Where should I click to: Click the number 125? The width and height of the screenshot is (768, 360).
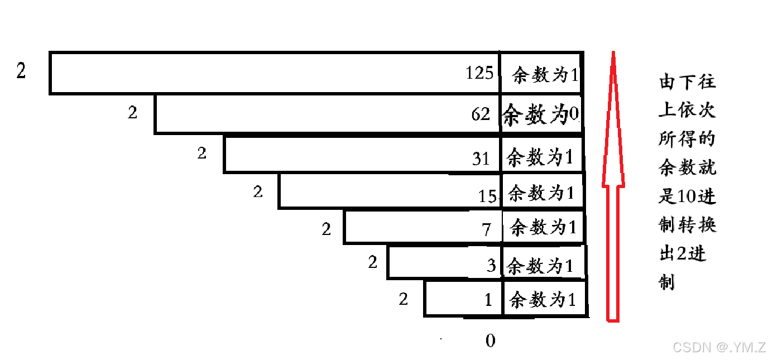click(x=480, y=73)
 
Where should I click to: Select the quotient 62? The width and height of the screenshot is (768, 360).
click(x=481, y=114)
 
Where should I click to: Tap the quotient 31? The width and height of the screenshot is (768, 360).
click(x=481, y=159)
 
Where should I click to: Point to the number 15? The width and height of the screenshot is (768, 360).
click(x=487, y=196)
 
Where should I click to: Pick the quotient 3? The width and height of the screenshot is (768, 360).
click(x=491, y=266)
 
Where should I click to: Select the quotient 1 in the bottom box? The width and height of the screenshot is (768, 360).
click(x=488, y=300)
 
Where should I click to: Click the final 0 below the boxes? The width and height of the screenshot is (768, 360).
click(x=490, y=341)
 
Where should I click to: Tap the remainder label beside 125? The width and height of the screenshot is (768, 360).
click(x=544, y=75)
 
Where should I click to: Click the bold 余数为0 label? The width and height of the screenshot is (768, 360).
click(x=540, y=115)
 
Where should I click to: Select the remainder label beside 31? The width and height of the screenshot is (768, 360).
click(x=540, y=157)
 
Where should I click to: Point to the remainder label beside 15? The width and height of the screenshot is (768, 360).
click(x=541, y=193)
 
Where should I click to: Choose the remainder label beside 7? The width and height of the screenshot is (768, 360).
click(x=543, y=227)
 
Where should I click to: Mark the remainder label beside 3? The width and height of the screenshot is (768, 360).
click(x=540, y=266)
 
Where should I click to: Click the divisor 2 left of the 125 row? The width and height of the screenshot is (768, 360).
click(x=21, y=71)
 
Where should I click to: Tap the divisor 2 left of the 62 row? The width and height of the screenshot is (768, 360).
click(x=132, y=113)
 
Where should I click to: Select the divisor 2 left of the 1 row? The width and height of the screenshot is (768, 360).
click(x=404, y=299)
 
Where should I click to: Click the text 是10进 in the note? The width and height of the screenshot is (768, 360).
click(x=687, y=196)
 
